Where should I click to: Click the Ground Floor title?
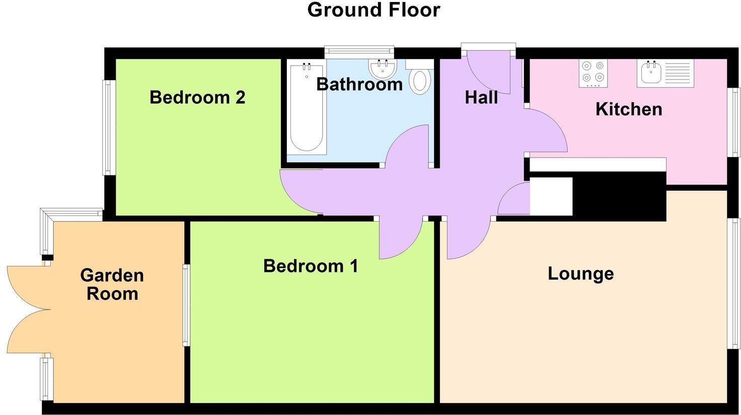pyautogui.click(x=374, y=10)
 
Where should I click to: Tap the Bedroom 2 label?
pyautogui.click(x=197, y=97)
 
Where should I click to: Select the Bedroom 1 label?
pyautogui.click(x=311, y=266)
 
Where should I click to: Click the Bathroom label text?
pyautogui.click(x=359, y=84)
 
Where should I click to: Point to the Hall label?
pyautogui.click(x=481, y=98)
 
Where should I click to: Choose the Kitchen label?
pyautogui.click(x=629, y=109)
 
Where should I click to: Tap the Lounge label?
pyautogui.click(x=580, y=274)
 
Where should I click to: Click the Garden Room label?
pyautogui.click(x=112, y=285)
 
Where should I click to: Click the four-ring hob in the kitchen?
pyautogui.click(x=593, y=72)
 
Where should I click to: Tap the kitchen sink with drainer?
pyautogui.click(x=665, y=72)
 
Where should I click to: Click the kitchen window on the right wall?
pyautogui.click(x=735, y=122)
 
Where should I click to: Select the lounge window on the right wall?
pyautogui.click(x=735, y=283)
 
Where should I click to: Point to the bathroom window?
pyautogui.click(x=359, y=50)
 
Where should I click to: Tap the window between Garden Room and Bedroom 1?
pyautogui.click(x=186, y=305)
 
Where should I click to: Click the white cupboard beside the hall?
pyautogui.click(x=551, y=196)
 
